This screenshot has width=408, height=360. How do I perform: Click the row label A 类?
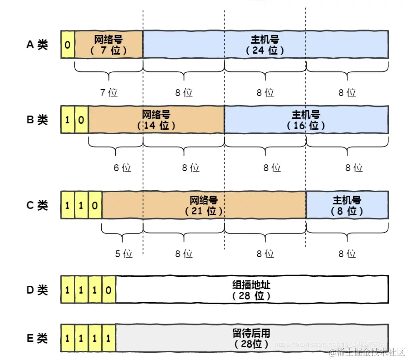pos(37,45)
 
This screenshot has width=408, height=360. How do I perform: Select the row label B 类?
pos(37,120)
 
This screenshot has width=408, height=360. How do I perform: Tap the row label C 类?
pos(37,205)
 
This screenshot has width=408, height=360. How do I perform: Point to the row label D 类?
pos(37,289)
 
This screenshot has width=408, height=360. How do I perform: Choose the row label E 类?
pos(37,338)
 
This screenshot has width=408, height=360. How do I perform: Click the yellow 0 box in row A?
pos(67,45)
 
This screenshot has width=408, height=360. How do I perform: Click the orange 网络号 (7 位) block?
pos(108,45)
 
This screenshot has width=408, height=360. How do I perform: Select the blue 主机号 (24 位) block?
pos(265,45)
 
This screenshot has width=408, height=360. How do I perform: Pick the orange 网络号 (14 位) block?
pos(156,120)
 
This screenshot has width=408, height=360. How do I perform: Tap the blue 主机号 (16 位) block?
pos(306,120)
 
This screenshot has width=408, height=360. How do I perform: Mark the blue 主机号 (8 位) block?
pos(347,205)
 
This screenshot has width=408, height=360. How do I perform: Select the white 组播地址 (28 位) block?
pos(252,289)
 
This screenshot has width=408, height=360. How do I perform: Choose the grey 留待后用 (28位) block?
pos(252,338)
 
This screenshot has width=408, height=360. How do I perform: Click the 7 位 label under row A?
pos(109,93)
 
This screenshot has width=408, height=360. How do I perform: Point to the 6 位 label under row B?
pos(122,168)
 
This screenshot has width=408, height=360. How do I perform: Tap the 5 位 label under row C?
pos(124,254)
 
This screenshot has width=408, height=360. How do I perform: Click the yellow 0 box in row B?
pos(81,120)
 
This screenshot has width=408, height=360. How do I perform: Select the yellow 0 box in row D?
pos(109,289)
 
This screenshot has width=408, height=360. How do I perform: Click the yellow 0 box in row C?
pos(95,205)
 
